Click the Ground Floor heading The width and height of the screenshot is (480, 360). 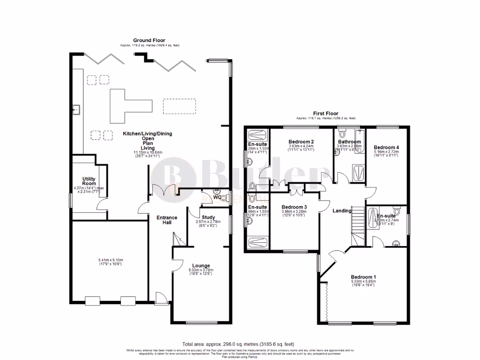coord(149,41)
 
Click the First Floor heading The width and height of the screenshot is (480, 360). coord(325,113)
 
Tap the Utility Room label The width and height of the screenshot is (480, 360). coord(89,181)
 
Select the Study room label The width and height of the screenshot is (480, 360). coord(209,217)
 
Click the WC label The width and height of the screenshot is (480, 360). coord(217,197)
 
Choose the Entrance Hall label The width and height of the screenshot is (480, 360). coord(167,220)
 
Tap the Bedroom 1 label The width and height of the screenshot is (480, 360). coord(363,277)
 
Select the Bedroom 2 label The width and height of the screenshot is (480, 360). coord(300,142)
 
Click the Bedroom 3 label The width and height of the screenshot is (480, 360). coord(294,207)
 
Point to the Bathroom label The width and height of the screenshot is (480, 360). coord(349,142)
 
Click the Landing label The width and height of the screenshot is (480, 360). coord(342,211)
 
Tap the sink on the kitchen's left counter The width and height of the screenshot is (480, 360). coord(75,111)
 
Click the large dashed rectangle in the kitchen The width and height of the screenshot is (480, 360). coord(180,106)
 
